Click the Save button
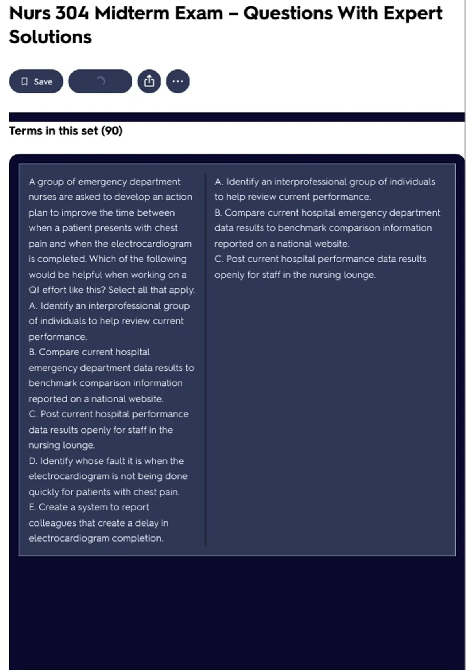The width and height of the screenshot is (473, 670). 36,82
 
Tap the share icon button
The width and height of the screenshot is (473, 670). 149,82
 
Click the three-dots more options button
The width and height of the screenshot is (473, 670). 178,82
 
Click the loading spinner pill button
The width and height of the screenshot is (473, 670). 100,82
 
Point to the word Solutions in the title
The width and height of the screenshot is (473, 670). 50,37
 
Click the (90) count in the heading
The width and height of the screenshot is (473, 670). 112,131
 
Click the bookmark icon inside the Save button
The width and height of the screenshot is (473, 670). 24,82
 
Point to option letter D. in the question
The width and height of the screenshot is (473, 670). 33,461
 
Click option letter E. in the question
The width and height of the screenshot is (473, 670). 32,507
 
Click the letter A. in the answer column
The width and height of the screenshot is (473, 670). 219,182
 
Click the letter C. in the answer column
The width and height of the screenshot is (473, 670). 219,259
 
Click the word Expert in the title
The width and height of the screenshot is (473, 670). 413,13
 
